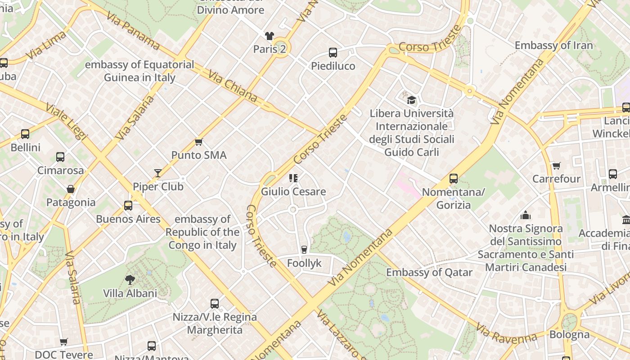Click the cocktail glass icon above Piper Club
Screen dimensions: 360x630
pyautogui.click(x=158, y=173)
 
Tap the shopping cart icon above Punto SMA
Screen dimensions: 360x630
pyautogui.click(x=198, y=142)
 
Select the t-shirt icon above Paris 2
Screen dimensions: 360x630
pyautogui.click(x=269, y=36)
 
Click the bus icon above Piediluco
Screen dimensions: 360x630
pyautogui.click(x=333, y=53)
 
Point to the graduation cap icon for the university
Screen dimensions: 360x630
pyautogui.click(x=411, y=100)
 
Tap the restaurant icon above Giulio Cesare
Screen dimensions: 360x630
pyautogui.click(x=293, y=178)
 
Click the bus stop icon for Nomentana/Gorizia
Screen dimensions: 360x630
pyautogui.click(x=454, y=179)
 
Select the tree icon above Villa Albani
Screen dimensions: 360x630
pyautogui.click(x=130, y=280)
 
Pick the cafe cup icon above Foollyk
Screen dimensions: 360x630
pyautogui.click(x=304, y=250)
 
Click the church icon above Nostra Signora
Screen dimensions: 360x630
pyautogui.click(x=525, y=215)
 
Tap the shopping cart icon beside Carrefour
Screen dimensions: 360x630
pyautogui.click(x=557, y=166)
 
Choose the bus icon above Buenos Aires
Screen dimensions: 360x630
pyautogui.click(x=128, y=206)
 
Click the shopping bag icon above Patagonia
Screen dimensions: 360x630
pyautogui.click(x=71, y=189)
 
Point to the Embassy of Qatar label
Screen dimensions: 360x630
pyautogui.click(x=429, y=272)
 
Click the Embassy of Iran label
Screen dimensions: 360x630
pyautogui.click(x=553, y=45)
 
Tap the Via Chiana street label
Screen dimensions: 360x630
pyautogui.click(x=233, y=85)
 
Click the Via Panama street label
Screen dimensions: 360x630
pyautogui.click(x=133, y=31)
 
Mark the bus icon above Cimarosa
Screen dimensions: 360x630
pyautogui.click(x=60, y=157)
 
